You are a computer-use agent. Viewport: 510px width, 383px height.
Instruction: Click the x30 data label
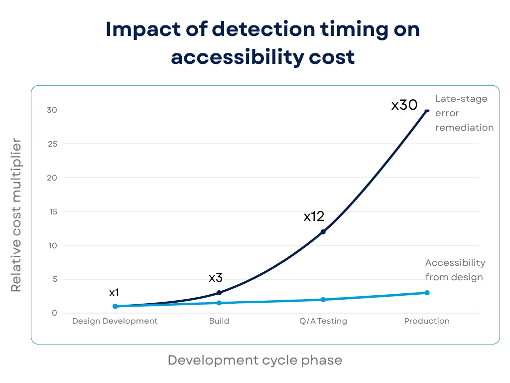(x=404, y=105)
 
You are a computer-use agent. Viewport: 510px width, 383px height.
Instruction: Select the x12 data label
(x=314, y=216)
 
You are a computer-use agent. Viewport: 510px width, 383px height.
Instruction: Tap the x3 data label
(x=216, y=278)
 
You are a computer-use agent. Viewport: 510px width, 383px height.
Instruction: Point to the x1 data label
(x=114, y=293)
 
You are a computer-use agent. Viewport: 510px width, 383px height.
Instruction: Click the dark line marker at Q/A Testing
(x=323, y=232)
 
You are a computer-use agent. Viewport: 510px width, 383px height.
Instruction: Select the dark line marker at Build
(x=219, y=293)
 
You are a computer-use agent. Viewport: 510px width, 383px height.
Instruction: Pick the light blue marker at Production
(x=427, y=293)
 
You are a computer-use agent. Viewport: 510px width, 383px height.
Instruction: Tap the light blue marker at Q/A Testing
(x=323, y=300)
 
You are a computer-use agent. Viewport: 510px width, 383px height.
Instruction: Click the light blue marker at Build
(x=219, y=303)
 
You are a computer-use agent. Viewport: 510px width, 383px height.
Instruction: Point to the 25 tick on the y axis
(x=52, y=144)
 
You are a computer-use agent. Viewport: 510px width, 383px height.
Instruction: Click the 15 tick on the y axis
(x=52, y=211)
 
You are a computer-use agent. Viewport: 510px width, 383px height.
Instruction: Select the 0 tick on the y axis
(x=54, y=313)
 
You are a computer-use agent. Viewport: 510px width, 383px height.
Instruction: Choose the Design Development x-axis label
(x=115, y=321)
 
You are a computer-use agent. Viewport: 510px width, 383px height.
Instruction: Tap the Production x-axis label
(x=427, y=321)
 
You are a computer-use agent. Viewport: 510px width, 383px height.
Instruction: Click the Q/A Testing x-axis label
(x=323, y=321)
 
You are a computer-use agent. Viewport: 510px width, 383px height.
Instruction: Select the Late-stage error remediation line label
(x=464, y=113)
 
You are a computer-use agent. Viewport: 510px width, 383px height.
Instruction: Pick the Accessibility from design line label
(x=455, y=270)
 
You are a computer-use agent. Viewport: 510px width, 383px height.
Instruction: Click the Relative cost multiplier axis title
(x=16, y=215)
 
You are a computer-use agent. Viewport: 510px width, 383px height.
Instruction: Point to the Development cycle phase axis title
(x=255, y=360)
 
